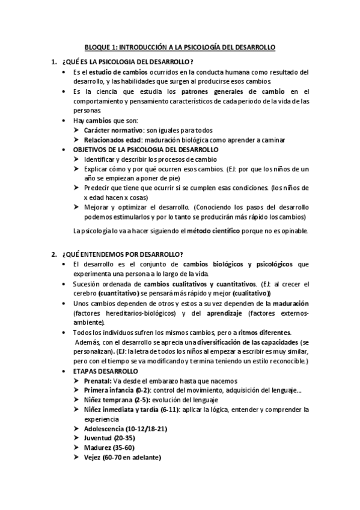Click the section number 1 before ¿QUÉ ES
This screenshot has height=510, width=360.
tap(54, 62)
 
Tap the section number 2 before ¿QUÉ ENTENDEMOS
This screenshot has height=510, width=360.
tap(54, 253)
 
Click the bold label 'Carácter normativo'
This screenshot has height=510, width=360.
tap(114, 130)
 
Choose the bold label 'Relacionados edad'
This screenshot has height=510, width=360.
tap(113, 140)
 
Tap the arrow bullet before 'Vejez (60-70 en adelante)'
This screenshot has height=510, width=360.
tap(77, 458)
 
